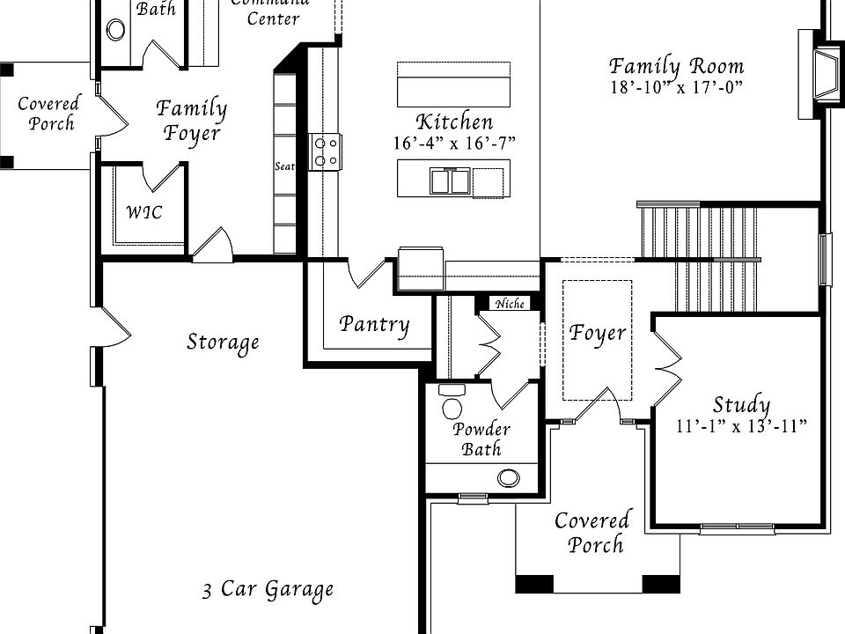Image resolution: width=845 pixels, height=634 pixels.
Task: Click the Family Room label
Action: pyautogui.click(x=676, y=66)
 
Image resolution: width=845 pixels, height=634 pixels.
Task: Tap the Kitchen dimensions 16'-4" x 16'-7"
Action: pyautogui.click(x=454, y=143)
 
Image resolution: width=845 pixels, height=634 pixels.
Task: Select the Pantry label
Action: pyautogui.click(x=375, y=325)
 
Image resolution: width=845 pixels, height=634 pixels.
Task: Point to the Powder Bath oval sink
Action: pyautogui.click(x=509, y=478)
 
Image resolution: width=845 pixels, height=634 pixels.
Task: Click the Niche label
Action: pyautogui.click(x=511, y=304)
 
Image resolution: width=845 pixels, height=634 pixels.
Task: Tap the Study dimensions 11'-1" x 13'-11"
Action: pyautogui.click(x=741, y=426)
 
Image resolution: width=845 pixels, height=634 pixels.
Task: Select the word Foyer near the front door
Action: pyautogui.click(x=598, y=333)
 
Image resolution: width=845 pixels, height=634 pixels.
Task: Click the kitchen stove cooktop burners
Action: pyautogui.click(x=325, y=151)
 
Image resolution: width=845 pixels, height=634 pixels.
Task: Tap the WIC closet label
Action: pyautogui.click(x=143, y=212)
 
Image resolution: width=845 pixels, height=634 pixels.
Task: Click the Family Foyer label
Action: pyautogui.click(x=192, y=122)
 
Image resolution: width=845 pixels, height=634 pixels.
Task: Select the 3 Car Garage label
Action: pyautogui.click(x=268, y=589)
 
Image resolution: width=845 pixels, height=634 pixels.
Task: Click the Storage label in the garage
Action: pyautogui.click(x=223, y=342)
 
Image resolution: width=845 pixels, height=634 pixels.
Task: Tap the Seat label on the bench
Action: pyautogui.click(x=284, y=166)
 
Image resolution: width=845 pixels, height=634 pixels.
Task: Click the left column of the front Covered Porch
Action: pyautogui.click(x=534, y=583)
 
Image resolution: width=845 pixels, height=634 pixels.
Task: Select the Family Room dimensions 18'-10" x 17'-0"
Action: pyautogui.click(x=676, y=87)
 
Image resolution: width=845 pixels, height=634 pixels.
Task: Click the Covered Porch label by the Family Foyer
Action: pyautogui.click(x=48, y=114)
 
